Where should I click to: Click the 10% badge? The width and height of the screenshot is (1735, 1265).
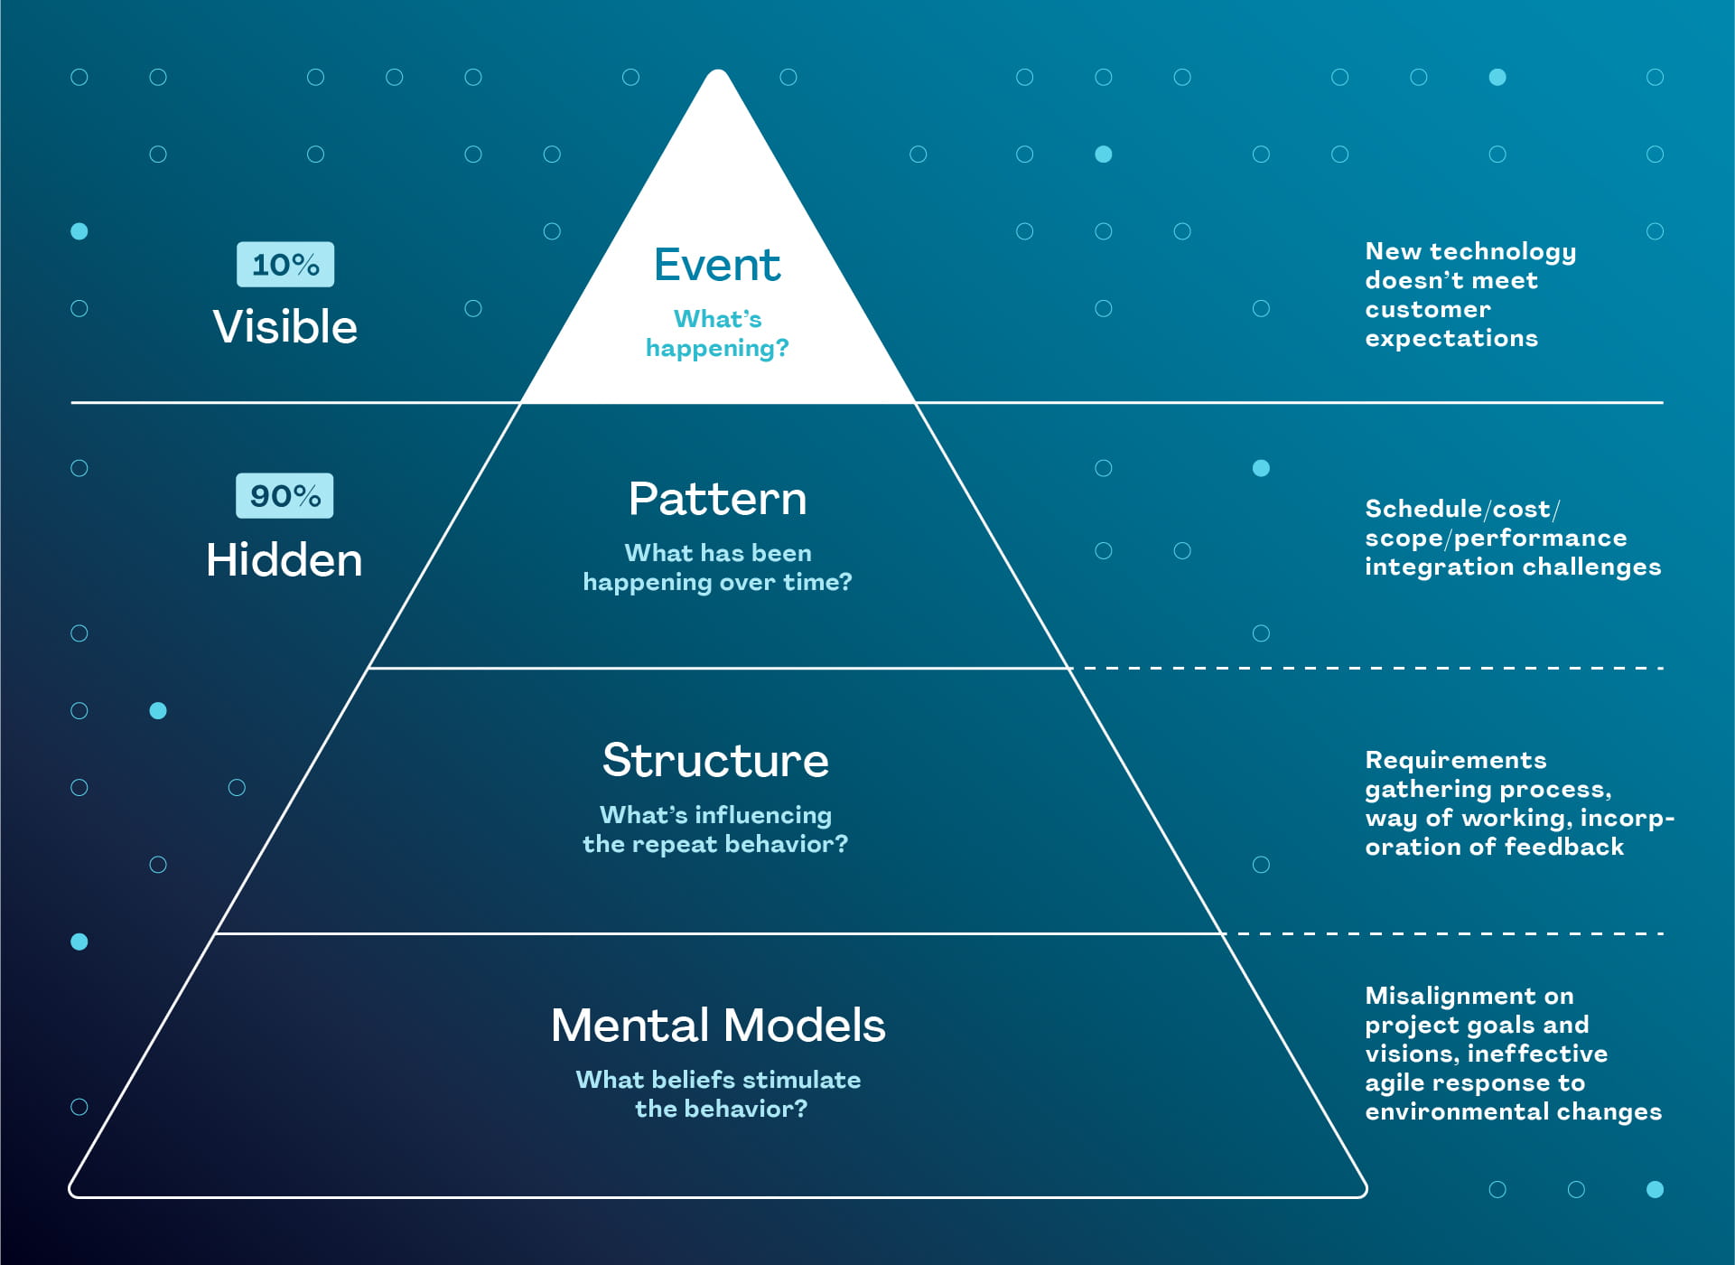(x=285, y=265)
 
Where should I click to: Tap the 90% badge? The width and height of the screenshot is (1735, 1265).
(x=285, y=496)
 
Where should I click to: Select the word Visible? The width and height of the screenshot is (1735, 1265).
(x=285, y=327)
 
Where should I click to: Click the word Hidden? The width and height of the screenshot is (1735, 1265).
(x=285, y=560)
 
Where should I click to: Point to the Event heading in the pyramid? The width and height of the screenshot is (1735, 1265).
(x=717, y=266)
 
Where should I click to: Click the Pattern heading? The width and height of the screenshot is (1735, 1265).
(x=717, y=499)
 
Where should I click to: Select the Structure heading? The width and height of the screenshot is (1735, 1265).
(x=715, y=760)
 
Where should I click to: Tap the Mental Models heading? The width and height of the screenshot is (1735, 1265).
(x=718, y=1026)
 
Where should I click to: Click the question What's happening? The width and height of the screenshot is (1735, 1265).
(x=717, y=333)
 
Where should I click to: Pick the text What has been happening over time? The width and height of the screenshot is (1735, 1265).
(x=717, y=567)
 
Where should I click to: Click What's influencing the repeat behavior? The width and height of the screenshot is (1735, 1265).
(x=715, y=829)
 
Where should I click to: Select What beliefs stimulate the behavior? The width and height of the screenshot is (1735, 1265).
(x=719, y=1094)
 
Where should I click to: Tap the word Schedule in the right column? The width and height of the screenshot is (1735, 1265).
(x=1423, y=510)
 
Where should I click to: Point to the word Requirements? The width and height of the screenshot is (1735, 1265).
(x=1456, y=760)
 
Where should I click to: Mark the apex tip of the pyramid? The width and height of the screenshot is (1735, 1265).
(x=718, y=72)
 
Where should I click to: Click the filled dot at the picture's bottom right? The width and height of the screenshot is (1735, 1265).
(x=1655, y=1189)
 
